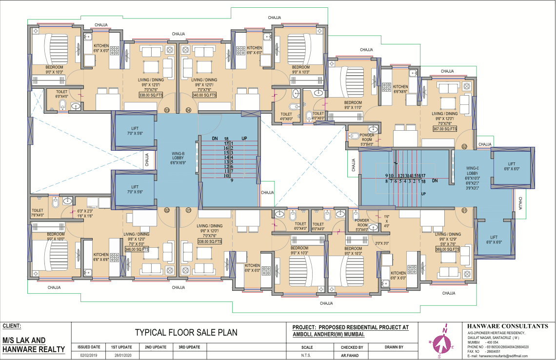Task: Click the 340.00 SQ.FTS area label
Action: coord(204,95)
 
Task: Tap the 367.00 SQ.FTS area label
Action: coord(444,129)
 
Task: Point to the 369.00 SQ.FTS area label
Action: coord(448,249)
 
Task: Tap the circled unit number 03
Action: coord(166,110)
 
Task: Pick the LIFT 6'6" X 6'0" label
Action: coord(512,166)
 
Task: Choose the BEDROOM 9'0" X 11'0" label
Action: coord(353,105)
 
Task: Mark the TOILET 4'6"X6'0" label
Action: coord(286,116)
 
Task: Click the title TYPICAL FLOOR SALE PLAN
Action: coord(186,333)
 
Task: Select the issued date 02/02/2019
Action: coord(89,356)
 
